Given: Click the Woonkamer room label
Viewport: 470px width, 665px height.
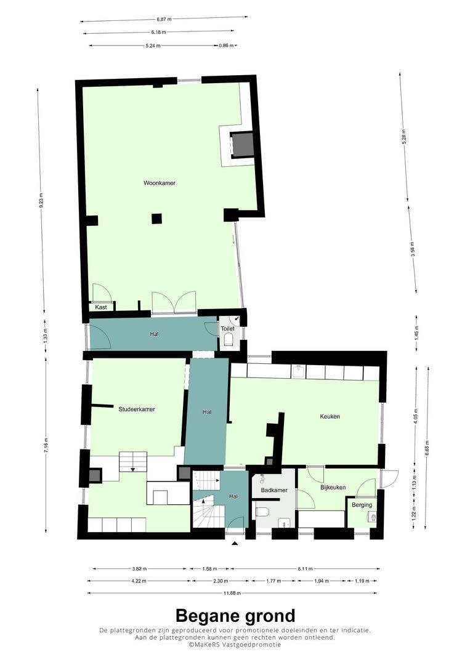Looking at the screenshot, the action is click(160, 183).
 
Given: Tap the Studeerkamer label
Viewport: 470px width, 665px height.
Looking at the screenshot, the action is click(137, 409).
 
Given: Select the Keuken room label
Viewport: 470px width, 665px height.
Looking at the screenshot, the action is click(330, 416).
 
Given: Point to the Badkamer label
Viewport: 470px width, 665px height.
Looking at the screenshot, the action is click(274, 490).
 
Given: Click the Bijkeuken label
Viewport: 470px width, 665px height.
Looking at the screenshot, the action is click(333, 487).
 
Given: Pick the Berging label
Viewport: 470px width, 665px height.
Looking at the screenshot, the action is click(362, 505).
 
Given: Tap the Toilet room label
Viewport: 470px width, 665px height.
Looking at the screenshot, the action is click(227, 329).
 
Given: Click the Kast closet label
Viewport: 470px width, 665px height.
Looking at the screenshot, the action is click(101, 307).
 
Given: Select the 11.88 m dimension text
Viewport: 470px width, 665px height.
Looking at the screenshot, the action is click(232, 593).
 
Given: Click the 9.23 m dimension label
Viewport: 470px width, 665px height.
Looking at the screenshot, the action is click(41, 200).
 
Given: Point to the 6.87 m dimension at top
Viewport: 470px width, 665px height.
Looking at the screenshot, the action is click(164, 19).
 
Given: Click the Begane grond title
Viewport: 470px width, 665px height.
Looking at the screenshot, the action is click(235, 615).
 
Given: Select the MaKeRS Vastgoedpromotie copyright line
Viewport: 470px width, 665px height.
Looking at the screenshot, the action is click(235, 645).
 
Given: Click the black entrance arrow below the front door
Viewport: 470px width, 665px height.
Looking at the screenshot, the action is click(235, 543).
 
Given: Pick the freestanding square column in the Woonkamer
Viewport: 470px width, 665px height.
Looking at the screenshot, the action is click(157, 219).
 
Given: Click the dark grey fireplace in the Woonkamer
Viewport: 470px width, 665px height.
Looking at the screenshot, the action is click(242, 144).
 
